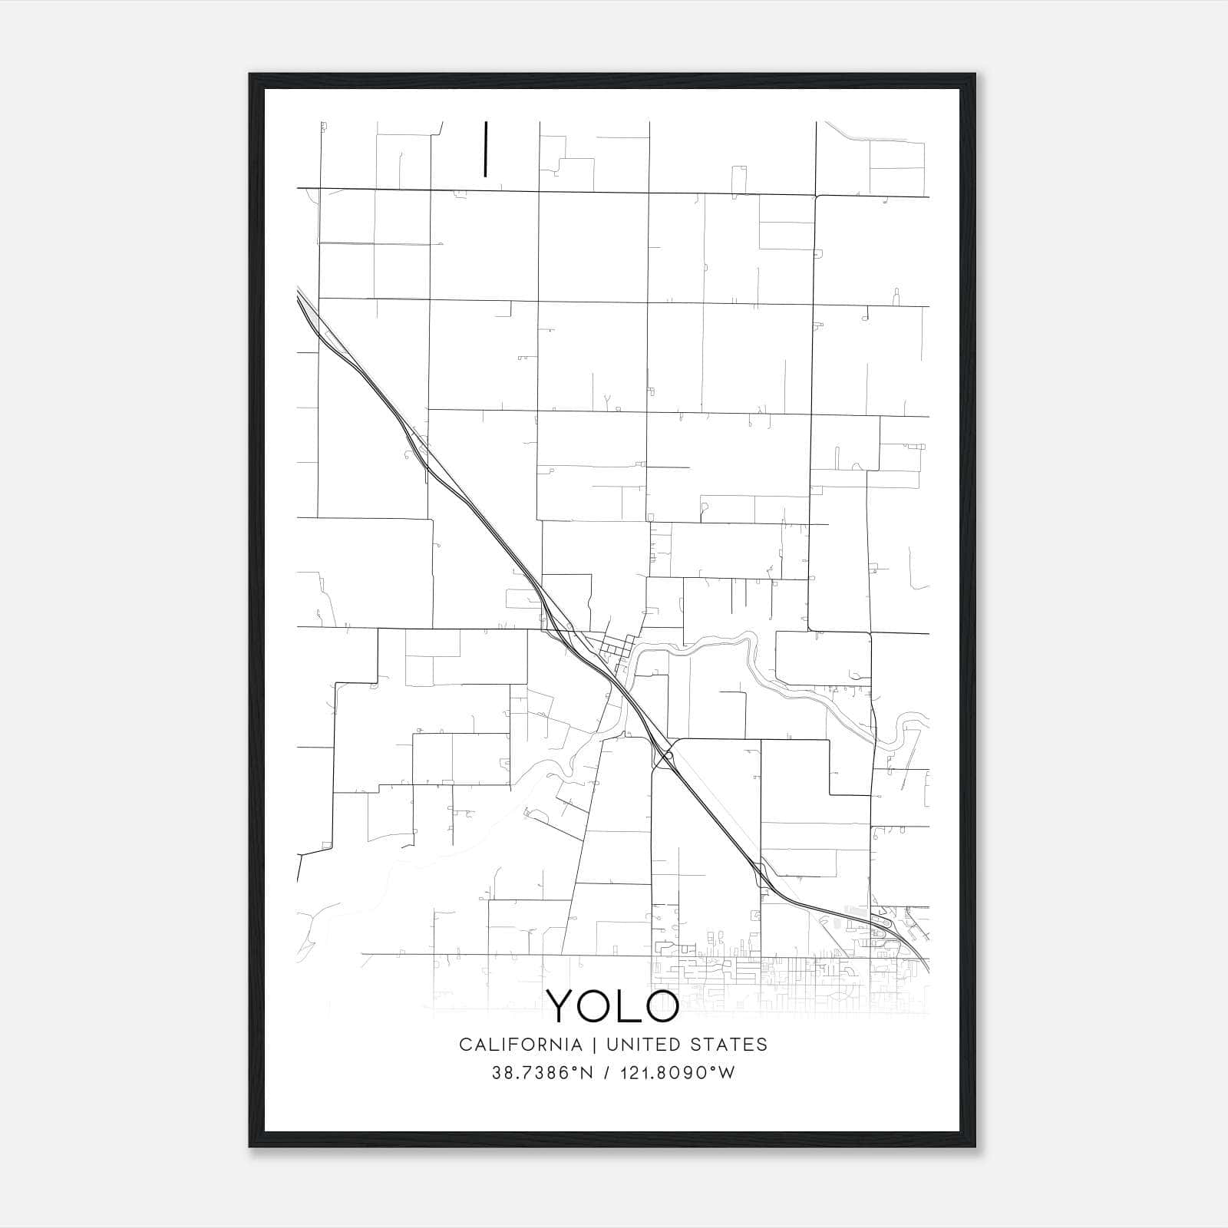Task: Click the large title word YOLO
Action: [612, 1005]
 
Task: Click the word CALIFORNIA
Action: [520, 1045]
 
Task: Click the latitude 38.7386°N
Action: [543, 1073]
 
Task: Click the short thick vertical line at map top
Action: [485, 149]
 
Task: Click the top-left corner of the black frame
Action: [251, 75]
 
